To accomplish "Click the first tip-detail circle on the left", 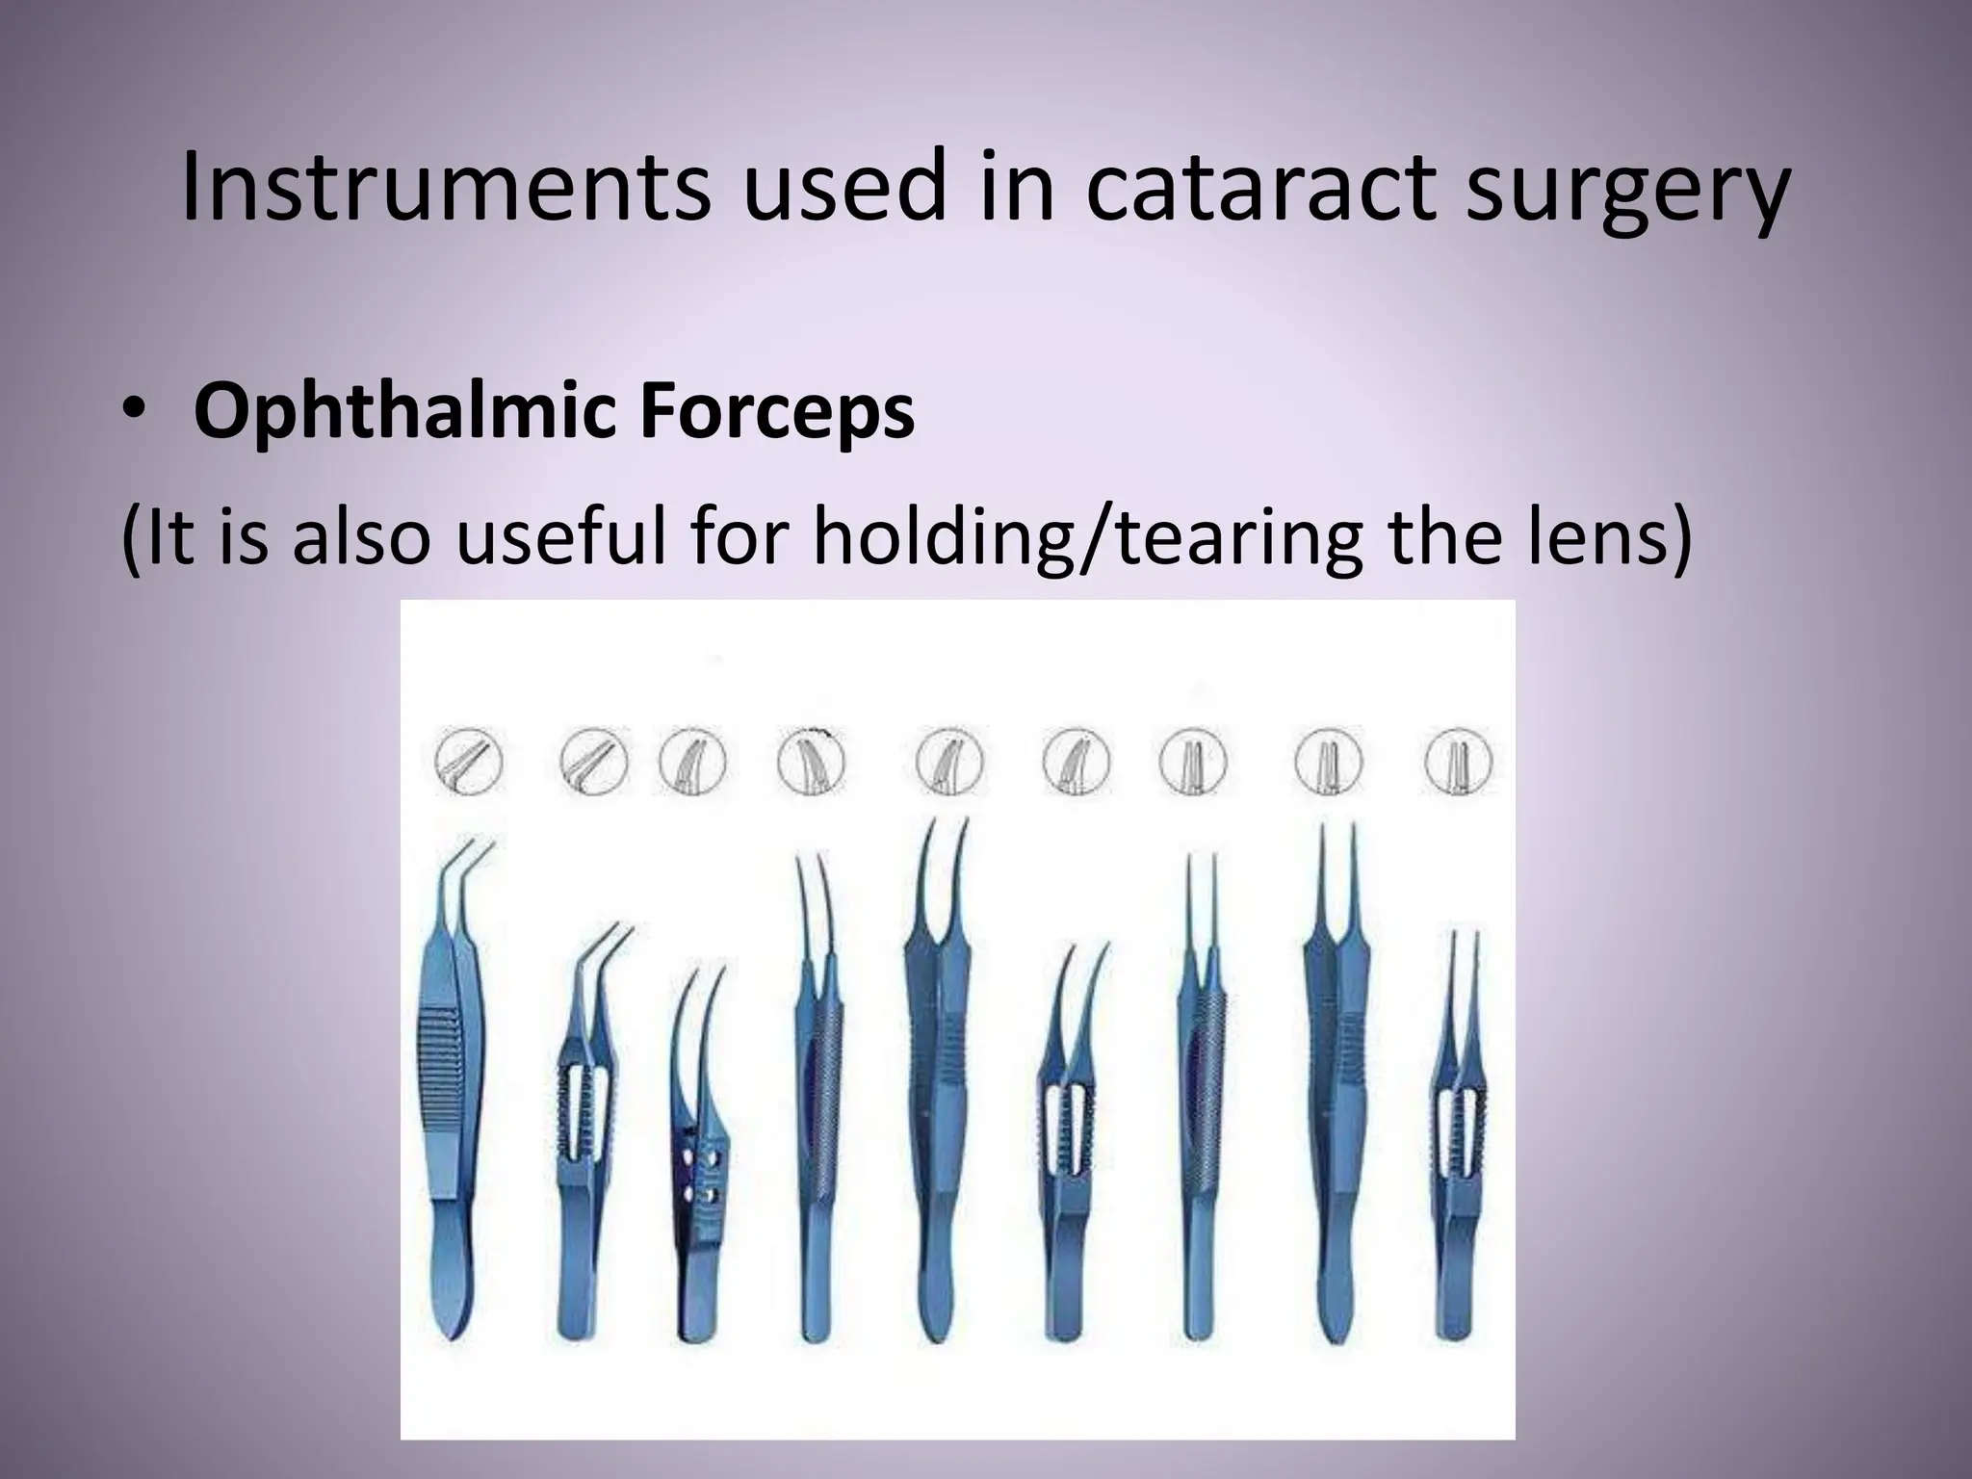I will click(x=469, y=764).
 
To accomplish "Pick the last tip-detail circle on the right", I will click(x=1459, y=763).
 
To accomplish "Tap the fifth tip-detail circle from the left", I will click(x=950, y=763).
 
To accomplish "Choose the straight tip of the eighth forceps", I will click(x=1337, y=867).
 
